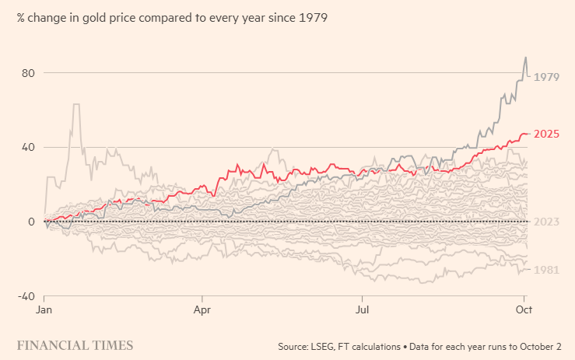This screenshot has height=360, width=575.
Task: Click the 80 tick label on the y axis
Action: (x=28, y=73)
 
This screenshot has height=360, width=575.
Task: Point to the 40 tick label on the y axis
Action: (x=28, y=148)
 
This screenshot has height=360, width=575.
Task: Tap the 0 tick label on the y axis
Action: (x=32, y=222)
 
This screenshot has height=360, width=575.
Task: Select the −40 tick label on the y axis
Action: (x=26, y=296)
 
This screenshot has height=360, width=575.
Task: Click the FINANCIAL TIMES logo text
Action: (x=75, y=345)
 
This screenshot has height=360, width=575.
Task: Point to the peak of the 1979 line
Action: (x=526, y=57)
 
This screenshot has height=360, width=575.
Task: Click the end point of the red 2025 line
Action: (x=528, y=134)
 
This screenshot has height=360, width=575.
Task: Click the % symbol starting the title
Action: (x=22, y=17)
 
